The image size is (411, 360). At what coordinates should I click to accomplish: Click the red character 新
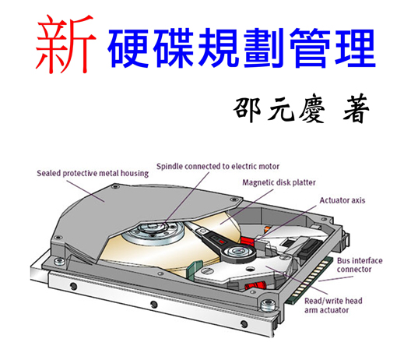pos(65,44)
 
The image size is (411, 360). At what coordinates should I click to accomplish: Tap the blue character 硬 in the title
pos(128,48)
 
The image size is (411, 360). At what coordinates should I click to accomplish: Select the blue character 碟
pos(174,48)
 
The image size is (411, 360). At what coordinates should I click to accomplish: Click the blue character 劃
pos(265,48)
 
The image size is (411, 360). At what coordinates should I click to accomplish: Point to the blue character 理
pos(355,48)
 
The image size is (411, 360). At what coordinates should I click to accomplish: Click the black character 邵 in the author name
pos(247,110)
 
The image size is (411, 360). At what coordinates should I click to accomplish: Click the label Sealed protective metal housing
pos(93,174)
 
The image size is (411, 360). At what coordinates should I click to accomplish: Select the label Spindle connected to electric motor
pos(218,166)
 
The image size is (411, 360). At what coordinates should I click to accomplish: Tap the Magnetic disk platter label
pos(279,182)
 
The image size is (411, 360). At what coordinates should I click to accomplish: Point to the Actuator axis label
pos(342,200)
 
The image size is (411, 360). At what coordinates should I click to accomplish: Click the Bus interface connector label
pos(360,265)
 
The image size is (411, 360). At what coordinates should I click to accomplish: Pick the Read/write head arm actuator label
pos(333,305)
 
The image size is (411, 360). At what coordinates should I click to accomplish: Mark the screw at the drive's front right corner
pos(268,305)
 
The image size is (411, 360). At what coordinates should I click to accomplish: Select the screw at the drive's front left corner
pos(60,261)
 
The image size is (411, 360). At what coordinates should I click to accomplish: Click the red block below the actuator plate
pos(255,285)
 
